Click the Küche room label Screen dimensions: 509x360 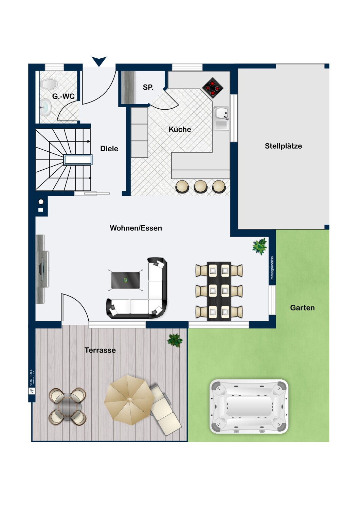click(180, 129)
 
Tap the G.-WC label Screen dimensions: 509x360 click(63, 96)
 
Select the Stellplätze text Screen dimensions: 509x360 click(283, 146)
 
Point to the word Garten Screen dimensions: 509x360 click(302, 308)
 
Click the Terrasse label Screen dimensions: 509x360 click(100, 350)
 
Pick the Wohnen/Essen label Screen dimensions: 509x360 click(136, 228)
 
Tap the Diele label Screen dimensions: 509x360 click(109, 149)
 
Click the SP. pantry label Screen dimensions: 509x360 click(148, 87)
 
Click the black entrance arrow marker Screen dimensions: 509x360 click(99, 61)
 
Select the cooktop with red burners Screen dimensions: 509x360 click(213, 88)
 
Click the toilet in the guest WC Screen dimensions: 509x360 click(48, 83)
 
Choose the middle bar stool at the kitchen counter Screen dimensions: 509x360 click(200, 187)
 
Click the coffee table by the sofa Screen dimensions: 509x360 click(125, 280)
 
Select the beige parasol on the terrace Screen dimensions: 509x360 click(129, 400)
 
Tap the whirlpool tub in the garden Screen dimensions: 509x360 click(249, 407)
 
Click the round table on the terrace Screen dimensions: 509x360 click(68, 406)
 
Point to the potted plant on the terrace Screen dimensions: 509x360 click(175, 340)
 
